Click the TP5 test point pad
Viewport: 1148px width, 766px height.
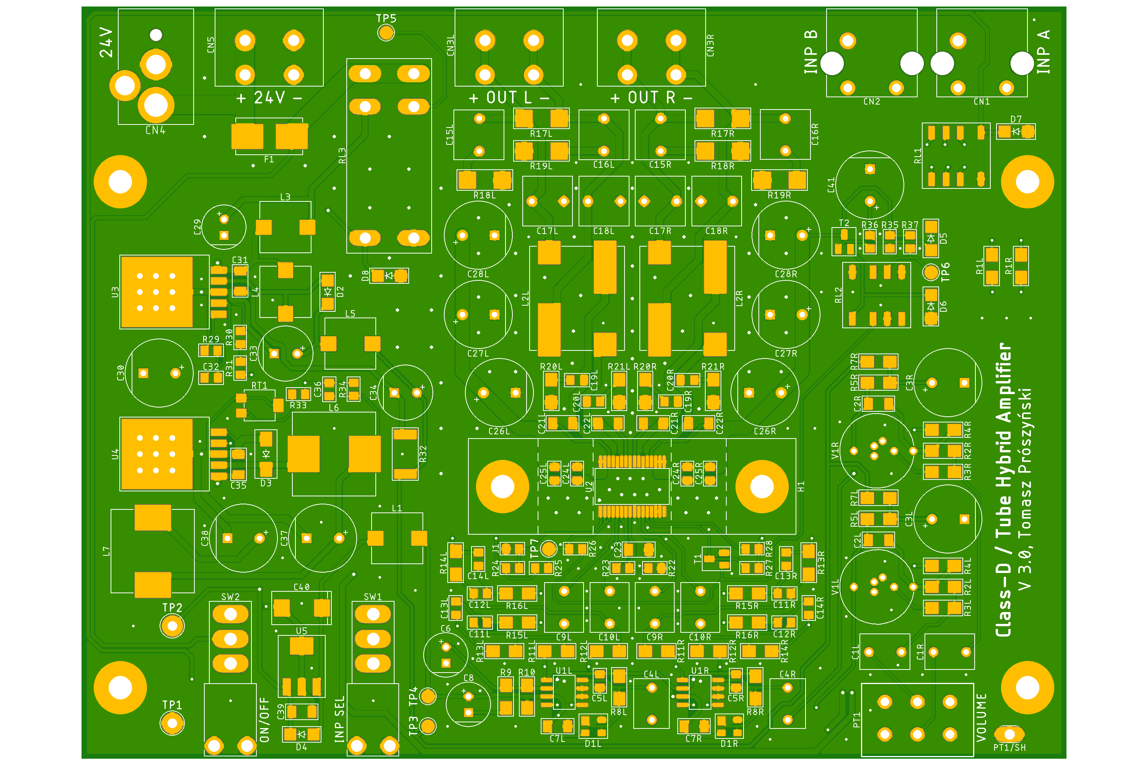386,33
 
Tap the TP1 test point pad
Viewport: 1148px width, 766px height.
172,723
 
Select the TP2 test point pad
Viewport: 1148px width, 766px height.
172,626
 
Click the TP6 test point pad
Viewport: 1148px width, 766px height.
931,272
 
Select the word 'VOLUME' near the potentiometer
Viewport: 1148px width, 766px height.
981,717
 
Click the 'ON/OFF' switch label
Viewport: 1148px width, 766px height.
264,720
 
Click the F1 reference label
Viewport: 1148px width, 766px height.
269,159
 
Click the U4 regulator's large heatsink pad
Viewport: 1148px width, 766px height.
157,454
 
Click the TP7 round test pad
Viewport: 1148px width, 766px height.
549,548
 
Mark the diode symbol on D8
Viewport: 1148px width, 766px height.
389,275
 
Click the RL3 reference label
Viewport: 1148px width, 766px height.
342,156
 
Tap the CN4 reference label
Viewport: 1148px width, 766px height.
156,131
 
